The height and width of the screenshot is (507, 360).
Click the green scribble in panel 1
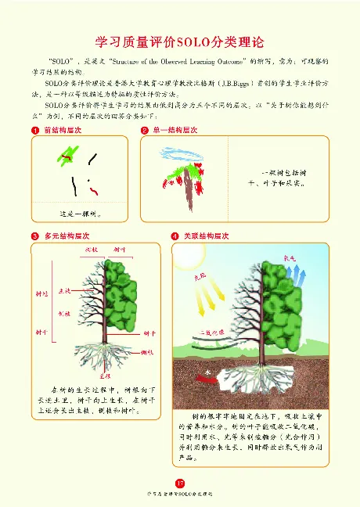click(66, 157)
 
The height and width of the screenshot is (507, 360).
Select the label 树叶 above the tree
click(120, 250)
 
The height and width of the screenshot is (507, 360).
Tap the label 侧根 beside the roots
click(146, 354)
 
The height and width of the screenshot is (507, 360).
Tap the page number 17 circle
click(180, 482)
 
